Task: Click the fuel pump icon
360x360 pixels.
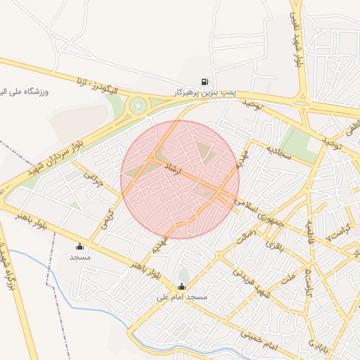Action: pos(205,82)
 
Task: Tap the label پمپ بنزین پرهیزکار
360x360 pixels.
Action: pos(205,93)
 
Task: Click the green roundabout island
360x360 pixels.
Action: pos(137,107)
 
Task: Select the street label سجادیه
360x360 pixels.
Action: pos(279,153)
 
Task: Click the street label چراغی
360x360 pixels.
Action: pos(94,183)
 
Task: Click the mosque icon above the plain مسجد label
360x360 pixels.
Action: pos(79,246)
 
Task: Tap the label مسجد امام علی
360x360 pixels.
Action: pos(182,297)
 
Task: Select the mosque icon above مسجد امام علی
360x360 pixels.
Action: pos(182,286)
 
